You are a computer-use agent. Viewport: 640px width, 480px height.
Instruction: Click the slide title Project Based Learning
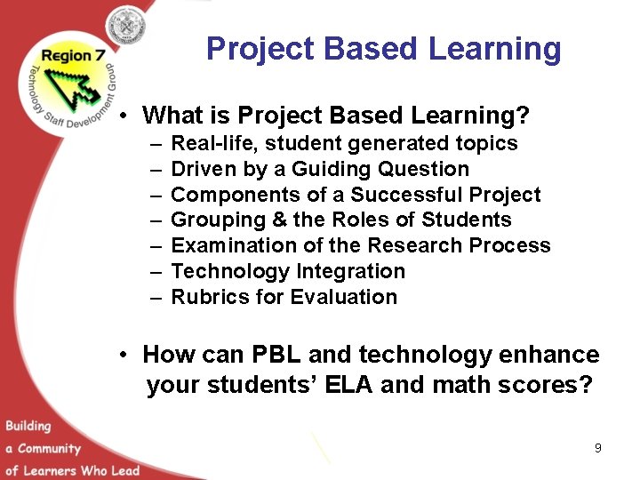click(x=383, y=49)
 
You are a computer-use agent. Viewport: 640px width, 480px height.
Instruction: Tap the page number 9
click(x=598, y=448)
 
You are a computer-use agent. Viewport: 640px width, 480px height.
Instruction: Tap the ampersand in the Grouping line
click(x=270, y=220)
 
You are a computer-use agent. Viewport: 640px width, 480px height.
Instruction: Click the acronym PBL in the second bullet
click(x=272, y=355)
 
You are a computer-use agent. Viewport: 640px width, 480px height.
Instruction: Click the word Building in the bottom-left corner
click(x=28, y=426)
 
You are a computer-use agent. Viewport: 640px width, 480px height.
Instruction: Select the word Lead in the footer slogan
click(x=125, y=470)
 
